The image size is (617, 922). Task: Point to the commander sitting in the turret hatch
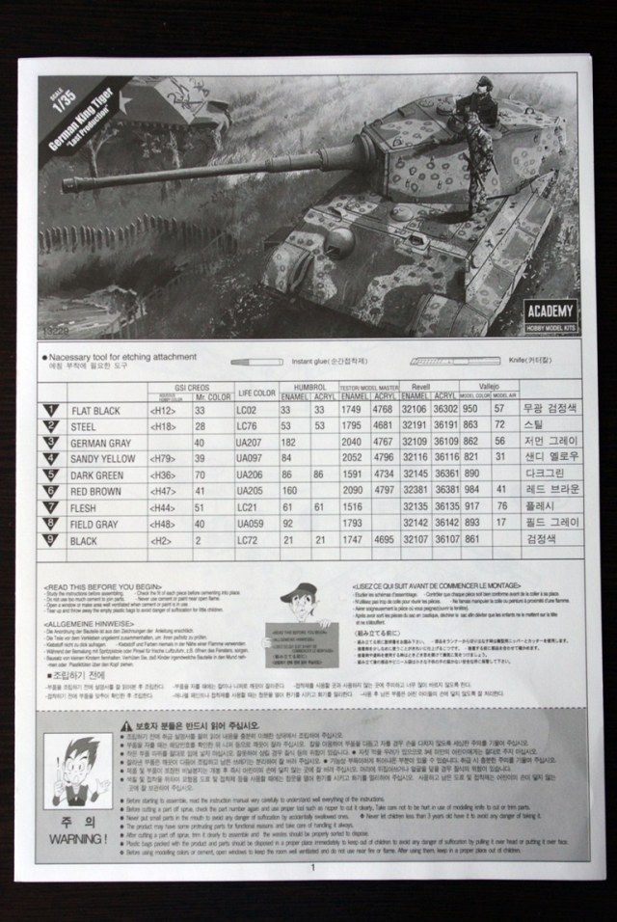tap(479, 103)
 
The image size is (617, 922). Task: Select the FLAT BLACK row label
tap(95, 410)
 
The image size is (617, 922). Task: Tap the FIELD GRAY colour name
tap(97, 524)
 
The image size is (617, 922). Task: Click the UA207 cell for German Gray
tap(251, 442)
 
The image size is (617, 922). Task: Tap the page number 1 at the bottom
tap(312, 865)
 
